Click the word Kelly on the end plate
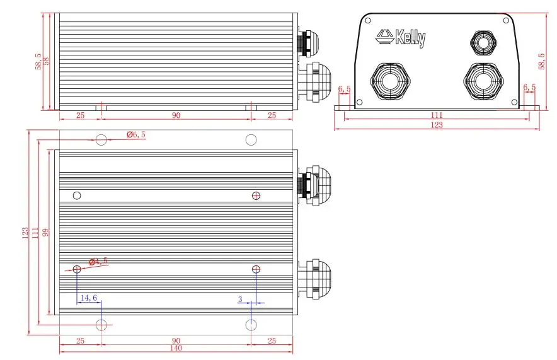(x=410, y=38)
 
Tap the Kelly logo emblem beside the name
(x=385, y=36)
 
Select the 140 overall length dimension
(x=176, y=348)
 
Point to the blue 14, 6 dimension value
(x=89, y=298)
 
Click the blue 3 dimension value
(x=240, y=299)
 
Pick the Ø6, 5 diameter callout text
(x=136, y=134)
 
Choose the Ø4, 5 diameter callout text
(x=98, y=262)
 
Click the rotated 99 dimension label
(x=45, y=233)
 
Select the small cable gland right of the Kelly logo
(x=483, y=43)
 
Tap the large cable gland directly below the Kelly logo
(x=390, y=82)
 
